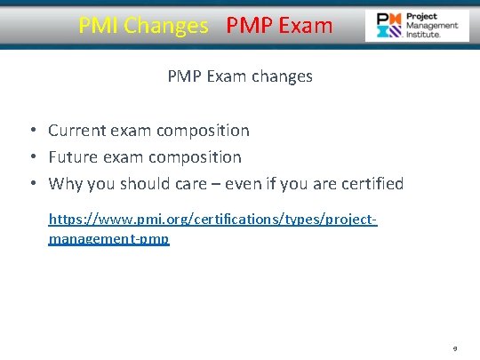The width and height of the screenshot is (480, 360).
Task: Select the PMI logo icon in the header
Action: click(x=388, y=27)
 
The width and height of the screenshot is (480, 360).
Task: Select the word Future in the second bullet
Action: click(x=75, y=157)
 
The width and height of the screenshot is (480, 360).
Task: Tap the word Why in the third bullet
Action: click(x=65, y=184)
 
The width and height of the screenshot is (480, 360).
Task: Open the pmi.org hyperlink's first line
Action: click(x=212, y=219)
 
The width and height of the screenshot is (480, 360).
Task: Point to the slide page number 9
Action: click(x=455, y=350)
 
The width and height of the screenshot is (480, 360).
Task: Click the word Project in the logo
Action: click(x=421, y=17)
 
